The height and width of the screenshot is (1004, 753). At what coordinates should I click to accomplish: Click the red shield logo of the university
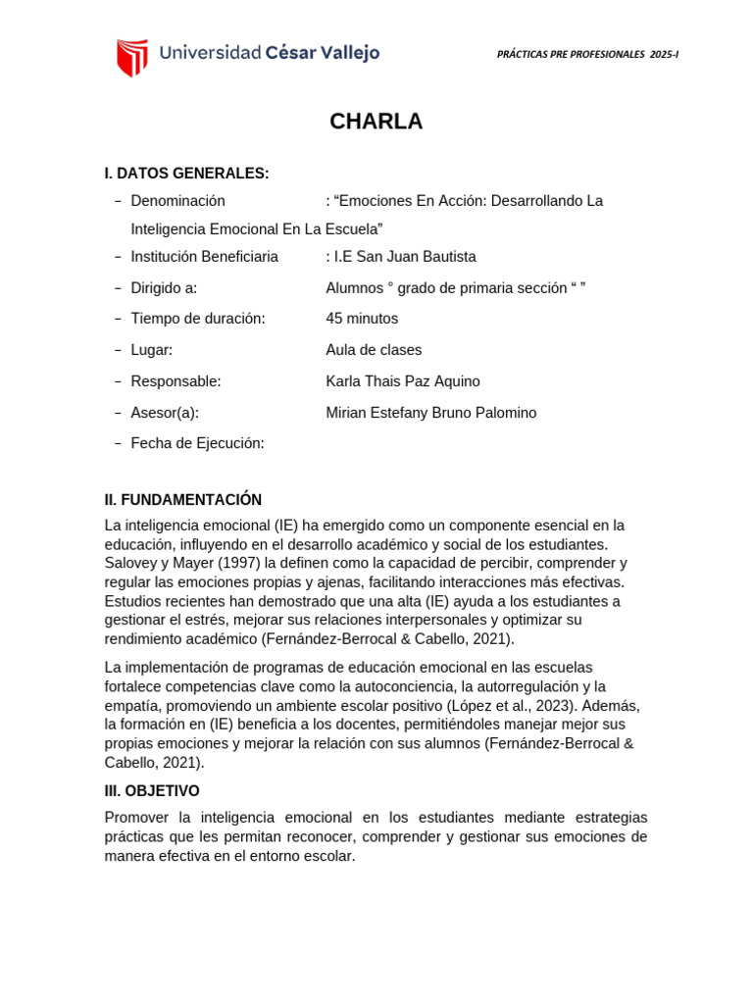click(132, 57)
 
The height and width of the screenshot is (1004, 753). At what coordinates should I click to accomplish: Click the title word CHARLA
click(376, 122)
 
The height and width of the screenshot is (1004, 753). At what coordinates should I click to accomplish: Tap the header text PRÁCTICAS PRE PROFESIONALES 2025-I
click(588, 55)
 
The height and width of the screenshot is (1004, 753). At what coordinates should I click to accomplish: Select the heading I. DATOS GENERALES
click(186, 174)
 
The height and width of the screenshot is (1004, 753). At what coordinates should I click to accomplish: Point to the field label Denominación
click(177, 201)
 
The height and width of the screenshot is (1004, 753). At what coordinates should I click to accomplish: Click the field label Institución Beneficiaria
click(204, 257)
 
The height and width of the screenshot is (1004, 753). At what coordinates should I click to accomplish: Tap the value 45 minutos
click(362, 319)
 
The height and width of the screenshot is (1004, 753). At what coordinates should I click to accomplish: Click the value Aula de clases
click(374, 350)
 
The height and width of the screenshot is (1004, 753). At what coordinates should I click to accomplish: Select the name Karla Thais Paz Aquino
click(403, 381)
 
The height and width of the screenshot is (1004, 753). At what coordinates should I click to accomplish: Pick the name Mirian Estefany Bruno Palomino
click(431, 413)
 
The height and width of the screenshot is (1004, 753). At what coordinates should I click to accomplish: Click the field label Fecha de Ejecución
click(197, 443)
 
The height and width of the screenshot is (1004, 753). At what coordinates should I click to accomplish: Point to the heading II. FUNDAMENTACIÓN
click(183, 500)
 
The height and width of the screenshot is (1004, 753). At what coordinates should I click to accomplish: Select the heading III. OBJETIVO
click(152, 790)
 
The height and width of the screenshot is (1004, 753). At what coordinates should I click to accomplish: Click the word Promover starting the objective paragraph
click(134, 818)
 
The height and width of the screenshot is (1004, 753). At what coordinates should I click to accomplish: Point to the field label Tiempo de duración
click(198, 319)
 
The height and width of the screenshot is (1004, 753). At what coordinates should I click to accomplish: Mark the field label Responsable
click(176, 381)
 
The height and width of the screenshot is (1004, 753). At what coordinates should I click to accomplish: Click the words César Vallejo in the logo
click(323, 53)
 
